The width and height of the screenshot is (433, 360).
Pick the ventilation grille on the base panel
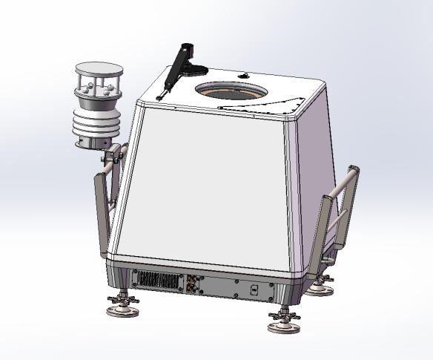click(156, 281)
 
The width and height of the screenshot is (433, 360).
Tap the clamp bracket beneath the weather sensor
click(112, 157)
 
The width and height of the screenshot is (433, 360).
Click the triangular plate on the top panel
click(277, 107)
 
